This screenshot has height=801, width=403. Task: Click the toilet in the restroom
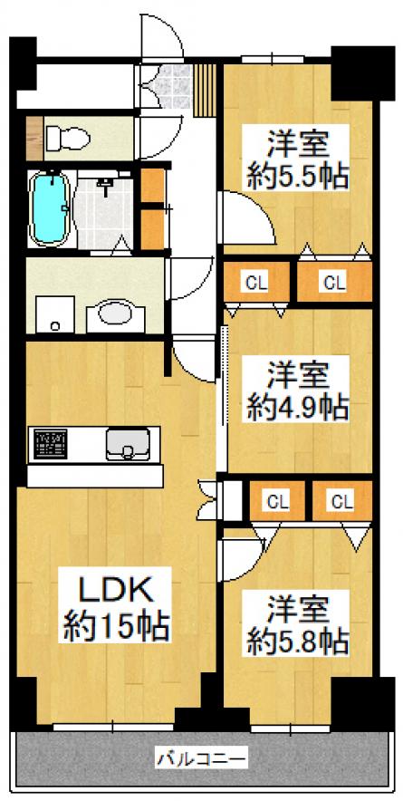[x=67, y=137]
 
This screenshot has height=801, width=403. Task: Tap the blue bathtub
[x=50, y=209]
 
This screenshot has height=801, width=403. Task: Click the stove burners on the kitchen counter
[x=51, y=442]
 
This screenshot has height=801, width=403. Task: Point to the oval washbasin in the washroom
[x=115, y=314]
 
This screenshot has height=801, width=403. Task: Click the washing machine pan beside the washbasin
[x=54, y=314]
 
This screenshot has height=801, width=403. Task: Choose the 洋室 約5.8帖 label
[x=298, y=623]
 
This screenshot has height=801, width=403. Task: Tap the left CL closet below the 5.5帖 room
[x=257, y=282]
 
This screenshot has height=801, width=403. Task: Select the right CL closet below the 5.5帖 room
[x=333, y=282]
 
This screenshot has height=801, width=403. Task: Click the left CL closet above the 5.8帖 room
[x=277, y=501]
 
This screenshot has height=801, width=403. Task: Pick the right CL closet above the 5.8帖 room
[x=341, y=501]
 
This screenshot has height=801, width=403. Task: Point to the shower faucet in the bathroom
[x=107, y=185]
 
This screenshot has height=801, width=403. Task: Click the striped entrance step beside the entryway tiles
[x=206, y=91]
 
